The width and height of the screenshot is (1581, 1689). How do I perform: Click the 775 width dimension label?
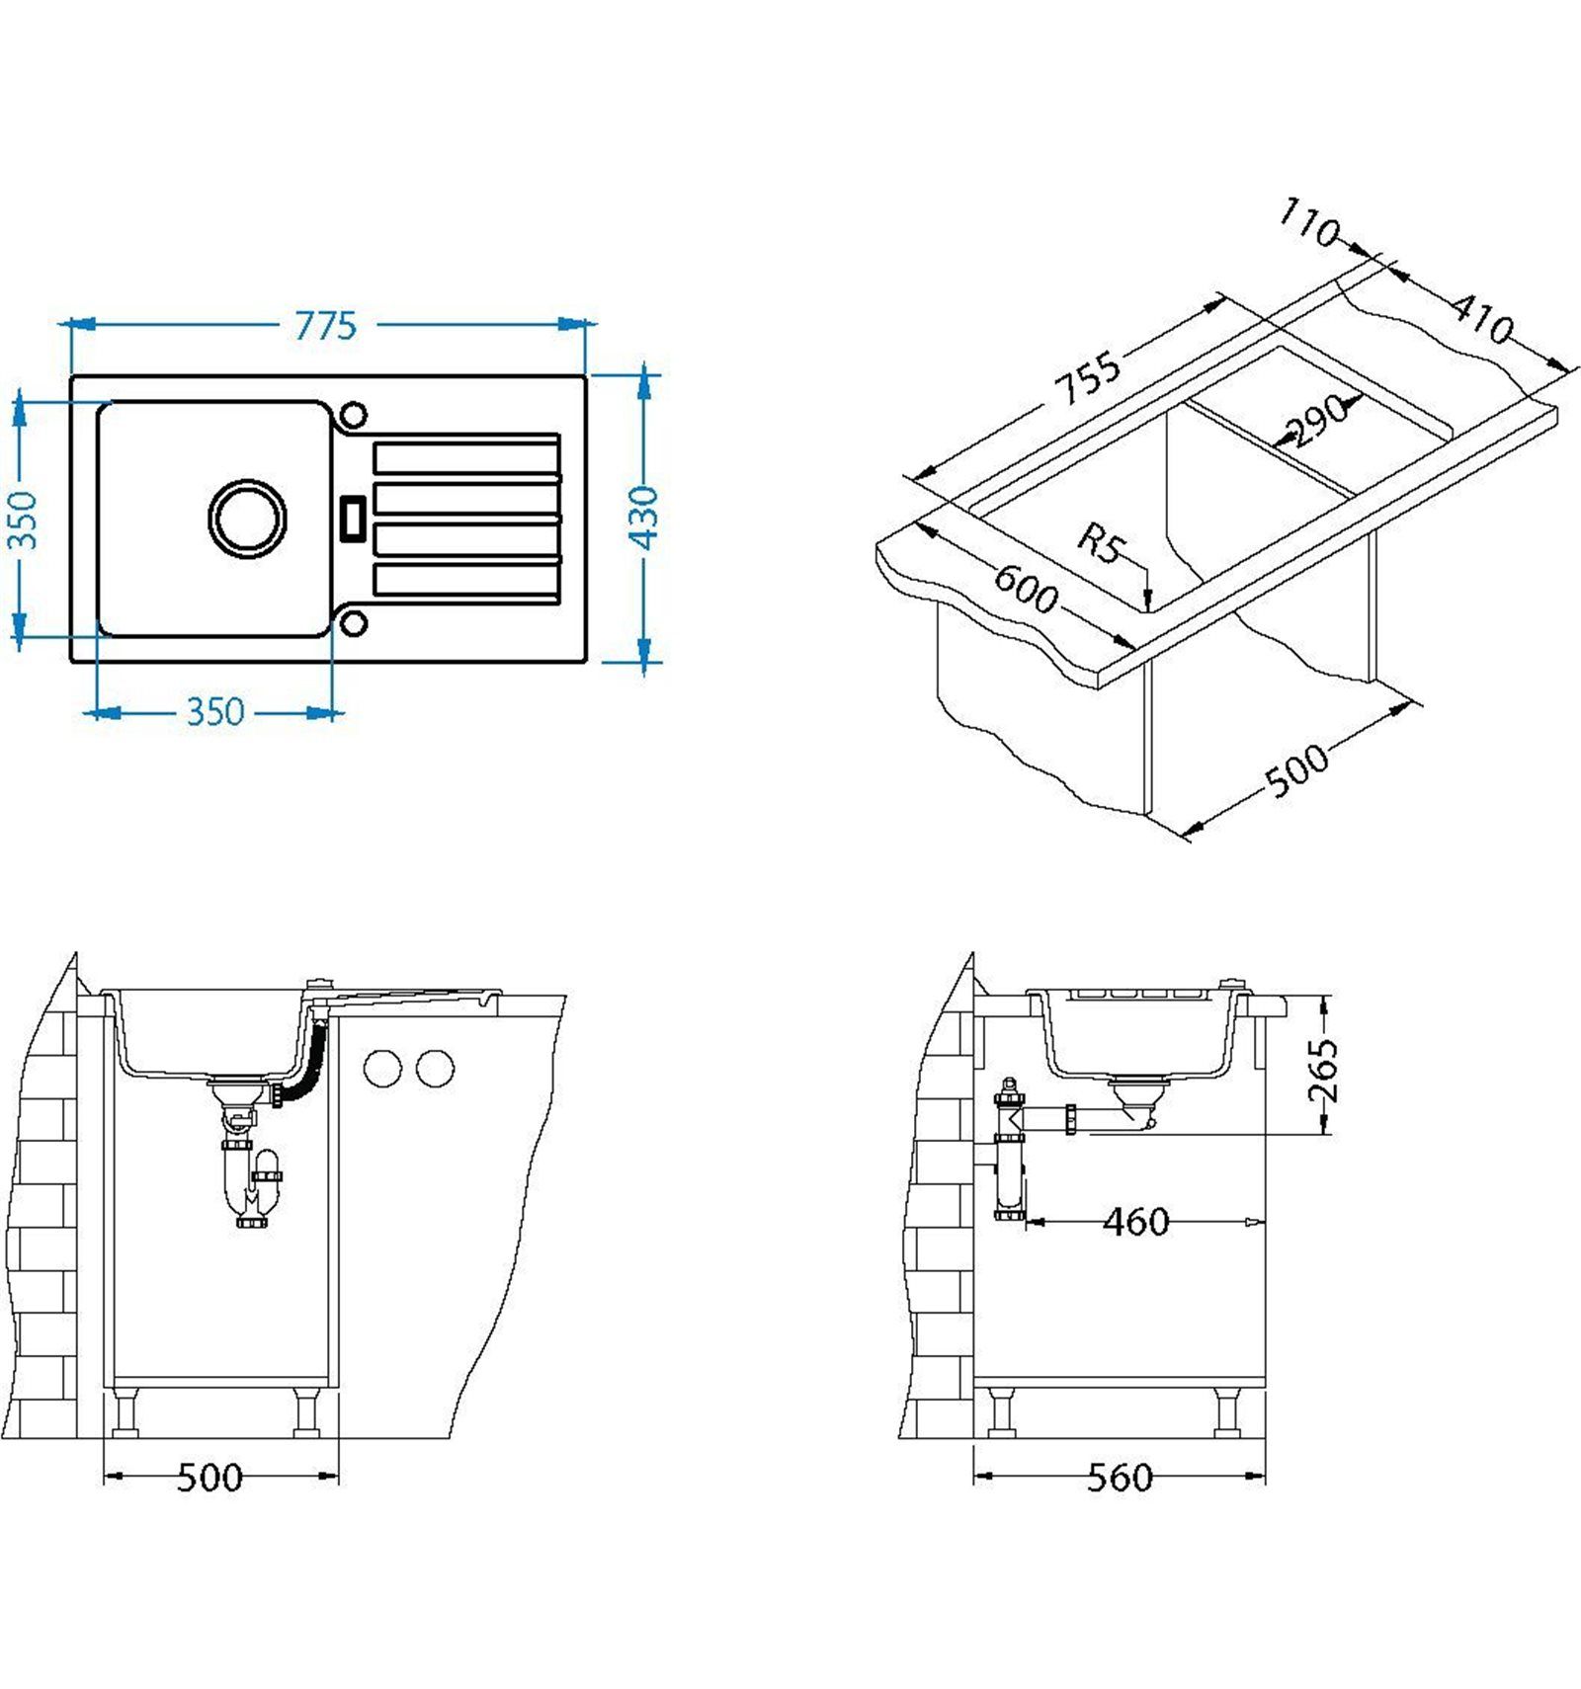coord(325,325)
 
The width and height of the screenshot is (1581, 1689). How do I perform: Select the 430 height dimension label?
coord(644,517)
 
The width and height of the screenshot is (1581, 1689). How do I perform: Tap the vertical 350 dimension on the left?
coord(22,520)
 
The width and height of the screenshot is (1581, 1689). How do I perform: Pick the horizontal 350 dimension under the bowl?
coord(215,711)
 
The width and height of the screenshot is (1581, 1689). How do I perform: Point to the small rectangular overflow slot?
coord(353,518)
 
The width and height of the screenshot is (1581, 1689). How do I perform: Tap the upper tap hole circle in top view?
coord(353,415)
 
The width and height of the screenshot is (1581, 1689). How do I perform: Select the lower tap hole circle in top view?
coord(353,622)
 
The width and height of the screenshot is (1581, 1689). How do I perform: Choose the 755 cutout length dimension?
coord(1088,377)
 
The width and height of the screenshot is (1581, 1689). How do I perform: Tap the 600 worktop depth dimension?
coord(1026,590)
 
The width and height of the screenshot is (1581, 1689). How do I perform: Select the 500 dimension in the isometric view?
coord(1297,769)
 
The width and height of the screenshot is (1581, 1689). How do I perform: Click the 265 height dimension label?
coord(1322,1070)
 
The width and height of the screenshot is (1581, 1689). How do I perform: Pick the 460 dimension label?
coord(1136,1223)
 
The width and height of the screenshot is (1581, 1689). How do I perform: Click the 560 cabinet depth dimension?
coord(1120,1478)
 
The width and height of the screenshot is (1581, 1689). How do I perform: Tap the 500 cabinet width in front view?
coord(209,1478)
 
